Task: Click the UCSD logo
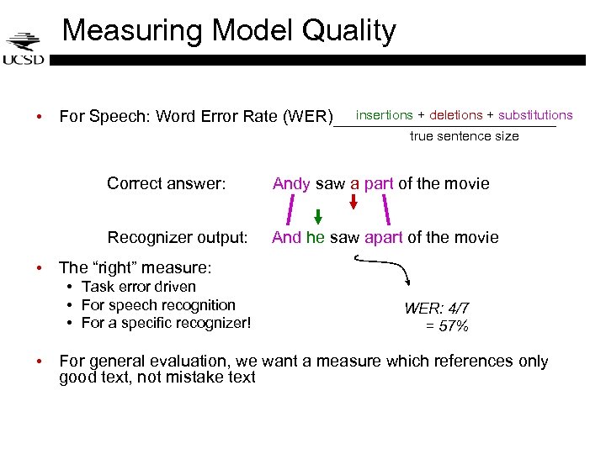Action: tap(23, 48)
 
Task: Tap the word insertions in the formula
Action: tap(385, 115)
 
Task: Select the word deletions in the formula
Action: tap(456, 115)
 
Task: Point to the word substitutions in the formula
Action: tap(535, 115)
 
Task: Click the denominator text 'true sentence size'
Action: tap(464, 136)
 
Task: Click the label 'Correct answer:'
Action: tap(167, 183)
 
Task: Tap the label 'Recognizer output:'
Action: tap(178, 238)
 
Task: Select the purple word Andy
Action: tap(291, 183)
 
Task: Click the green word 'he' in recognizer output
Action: tap(316, 238)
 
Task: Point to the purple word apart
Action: tap(384, 238)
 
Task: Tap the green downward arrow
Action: tap(318, 216)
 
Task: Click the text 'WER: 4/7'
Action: tap(436, 309)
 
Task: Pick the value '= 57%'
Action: tap(448, 326)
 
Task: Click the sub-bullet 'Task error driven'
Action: tap(138, 287)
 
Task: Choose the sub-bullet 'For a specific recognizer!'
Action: tap(166, 323)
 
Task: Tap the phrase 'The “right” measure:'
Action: tap(135, 268)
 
